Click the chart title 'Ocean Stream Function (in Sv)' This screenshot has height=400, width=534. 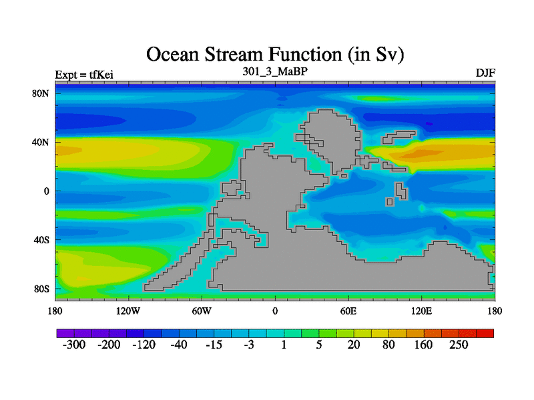point(275,55)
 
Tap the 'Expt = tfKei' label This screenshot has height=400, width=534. point(84,75)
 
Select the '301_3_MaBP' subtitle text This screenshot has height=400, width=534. point(275,71)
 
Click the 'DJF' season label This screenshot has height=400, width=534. point(485,73)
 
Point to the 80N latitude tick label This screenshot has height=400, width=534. point(41,93)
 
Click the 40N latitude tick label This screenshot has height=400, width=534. point(41,142)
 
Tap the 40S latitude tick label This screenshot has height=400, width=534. point(41,240)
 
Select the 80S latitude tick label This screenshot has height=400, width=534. point(41,289)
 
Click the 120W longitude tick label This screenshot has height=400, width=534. point(128,311)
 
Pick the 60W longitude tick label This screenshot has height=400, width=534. point(202,311)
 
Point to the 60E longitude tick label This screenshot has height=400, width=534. point(348,311)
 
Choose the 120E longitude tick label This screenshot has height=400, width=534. point(422,311)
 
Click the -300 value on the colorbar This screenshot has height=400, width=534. point(74,345)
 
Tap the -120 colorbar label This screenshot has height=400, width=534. point(144,345)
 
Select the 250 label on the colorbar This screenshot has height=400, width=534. point(459,345)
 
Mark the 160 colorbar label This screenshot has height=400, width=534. point(423,345)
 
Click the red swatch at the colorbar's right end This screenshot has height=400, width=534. point(485,333)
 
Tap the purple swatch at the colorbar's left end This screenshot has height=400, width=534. point(65,333)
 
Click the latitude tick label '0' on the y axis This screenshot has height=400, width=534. point(47,191)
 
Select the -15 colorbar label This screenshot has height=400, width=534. point(214,345)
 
